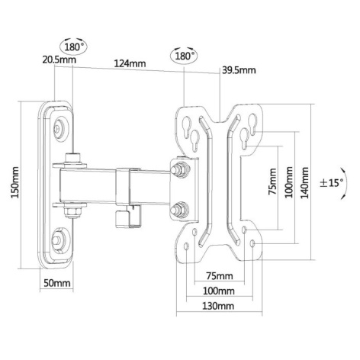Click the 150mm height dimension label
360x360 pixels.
pos(15,182)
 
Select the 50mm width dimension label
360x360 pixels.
pos(57,283)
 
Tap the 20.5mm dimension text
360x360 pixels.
pos(59,60)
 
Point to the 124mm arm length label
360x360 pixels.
pos(130,63)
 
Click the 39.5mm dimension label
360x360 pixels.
pos(239,69)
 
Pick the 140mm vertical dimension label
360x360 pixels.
pos(304,182)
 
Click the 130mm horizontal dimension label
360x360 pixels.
pos(218,306)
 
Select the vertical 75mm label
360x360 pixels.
pos(272,182)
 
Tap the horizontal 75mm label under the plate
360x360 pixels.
pos(220,276)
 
